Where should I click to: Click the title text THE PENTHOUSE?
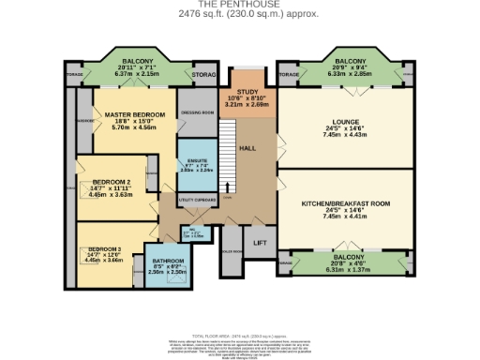pos(239,5)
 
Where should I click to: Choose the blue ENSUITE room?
pos(197,165)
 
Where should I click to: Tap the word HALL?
pos(247,147)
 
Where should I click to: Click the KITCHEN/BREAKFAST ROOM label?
pos(344,203)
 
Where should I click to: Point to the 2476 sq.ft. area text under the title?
pos(239,14)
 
